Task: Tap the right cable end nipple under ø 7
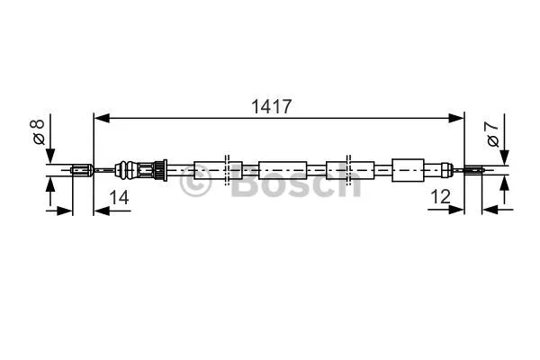pyautogui.click(x=474, y=168)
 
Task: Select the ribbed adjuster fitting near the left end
pyautogui.click(x=144, y=167)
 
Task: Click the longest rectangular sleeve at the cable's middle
pyautogui.click(x=283, y=168)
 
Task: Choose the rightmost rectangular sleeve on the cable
pyautogui.click(x=408, y=167)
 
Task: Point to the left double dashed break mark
pyautogui.click(x=229, y=168)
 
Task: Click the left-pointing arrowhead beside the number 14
pyautogui.click(x=99, y=211)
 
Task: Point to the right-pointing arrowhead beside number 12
pyautogui.click(x=458, y=211)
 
